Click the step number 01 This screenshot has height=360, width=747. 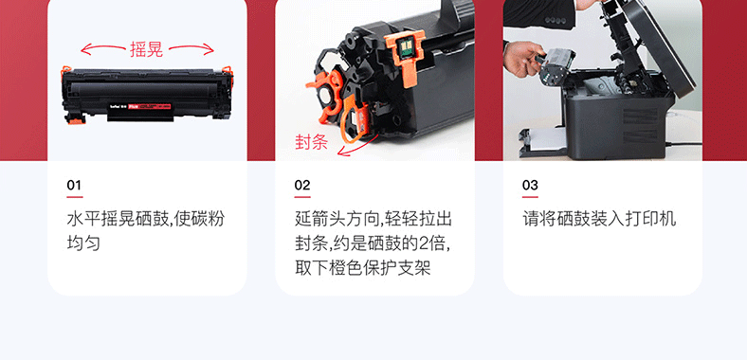point(74,185)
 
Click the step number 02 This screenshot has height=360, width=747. point(302,185)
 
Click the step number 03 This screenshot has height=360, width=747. point(530,185)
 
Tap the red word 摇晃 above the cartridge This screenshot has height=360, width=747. point(146,49)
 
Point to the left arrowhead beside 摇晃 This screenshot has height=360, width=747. point(83,49)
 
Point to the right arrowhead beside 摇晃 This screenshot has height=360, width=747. point(210,48)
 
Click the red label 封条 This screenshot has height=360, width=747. point(312,142)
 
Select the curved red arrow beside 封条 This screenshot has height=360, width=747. point(358,147)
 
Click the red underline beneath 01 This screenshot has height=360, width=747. point(75,197)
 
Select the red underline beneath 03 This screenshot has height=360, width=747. point(530,197)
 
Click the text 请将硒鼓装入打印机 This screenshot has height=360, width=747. point(599,220)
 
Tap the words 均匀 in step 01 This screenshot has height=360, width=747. point(83,243)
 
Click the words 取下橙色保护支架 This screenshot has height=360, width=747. point(362,268)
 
